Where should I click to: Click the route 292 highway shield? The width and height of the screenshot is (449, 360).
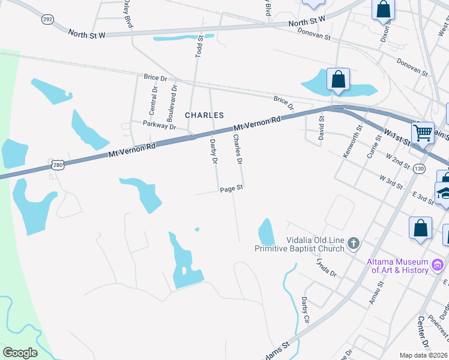[x=47, y=19]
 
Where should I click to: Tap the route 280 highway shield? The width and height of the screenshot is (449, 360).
[x=57, y=165]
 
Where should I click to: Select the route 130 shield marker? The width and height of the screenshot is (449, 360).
[x=419, y=169]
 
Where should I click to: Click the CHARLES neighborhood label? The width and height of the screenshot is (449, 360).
[x=204, y=115]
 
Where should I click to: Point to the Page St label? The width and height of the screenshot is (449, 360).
[x=231, y=188]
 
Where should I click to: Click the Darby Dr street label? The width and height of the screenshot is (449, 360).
[x=212, y=151]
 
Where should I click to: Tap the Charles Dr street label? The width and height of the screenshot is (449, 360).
[x=238, y=149]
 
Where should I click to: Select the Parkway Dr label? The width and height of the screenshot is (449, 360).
[x=159, y=125]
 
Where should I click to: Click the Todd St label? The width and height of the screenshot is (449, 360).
[x=199, y=45]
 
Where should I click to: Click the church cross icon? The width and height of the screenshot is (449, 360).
[x=354, y=243]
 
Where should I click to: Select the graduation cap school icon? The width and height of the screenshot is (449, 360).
[x=445, y=194]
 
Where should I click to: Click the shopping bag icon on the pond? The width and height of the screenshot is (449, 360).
[x=339, y=79]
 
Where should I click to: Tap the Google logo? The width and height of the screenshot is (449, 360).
[x=20, y=353]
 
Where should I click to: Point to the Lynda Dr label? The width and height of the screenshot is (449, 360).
[x=327, y=265]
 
